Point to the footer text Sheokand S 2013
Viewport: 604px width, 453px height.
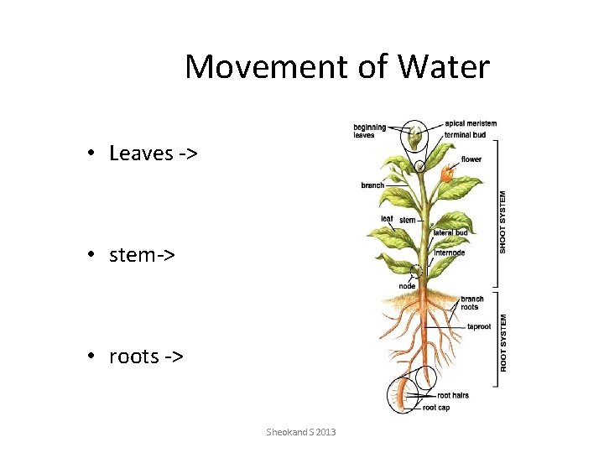tap(300, 431)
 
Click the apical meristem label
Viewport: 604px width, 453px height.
tap(470, 123)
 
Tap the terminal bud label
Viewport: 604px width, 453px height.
tap(465, 134)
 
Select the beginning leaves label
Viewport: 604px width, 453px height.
tap(369, 131)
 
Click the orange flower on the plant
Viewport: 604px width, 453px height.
tap(446, 174)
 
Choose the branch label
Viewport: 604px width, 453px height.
tap(372, 185)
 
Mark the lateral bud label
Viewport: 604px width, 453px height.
tap(450, 232)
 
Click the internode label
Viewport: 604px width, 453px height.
tap(450, 253)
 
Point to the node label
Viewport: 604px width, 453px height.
tap(407, 286)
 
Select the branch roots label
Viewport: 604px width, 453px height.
tap(471, 303)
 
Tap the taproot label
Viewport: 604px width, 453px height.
tap(479, 326)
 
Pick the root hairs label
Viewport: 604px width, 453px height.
tap(453, 395)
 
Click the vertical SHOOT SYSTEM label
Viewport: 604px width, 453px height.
tap(503, 221)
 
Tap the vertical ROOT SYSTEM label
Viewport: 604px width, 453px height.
tap(503, 343)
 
